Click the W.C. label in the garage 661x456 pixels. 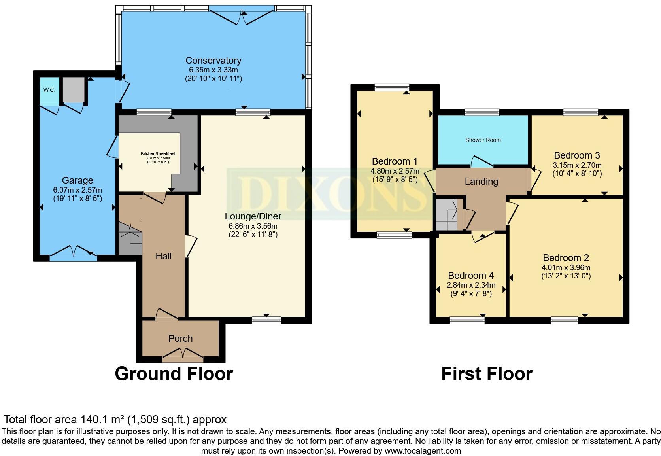49,90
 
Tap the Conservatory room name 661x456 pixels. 213,61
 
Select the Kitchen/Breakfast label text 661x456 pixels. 158,153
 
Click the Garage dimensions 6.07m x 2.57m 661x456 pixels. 77,190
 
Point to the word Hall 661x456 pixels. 163,256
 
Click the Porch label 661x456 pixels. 180,339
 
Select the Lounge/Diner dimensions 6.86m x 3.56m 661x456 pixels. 253,226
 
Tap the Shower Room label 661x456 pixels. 483,140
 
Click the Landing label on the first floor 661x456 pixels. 481,182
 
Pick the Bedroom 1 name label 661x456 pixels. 395,161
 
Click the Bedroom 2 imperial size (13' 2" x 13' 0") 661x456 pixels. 566,276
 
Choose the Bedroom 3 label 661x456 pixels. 577,155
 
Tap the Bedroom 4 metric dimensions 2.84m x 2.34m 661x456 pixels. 471,285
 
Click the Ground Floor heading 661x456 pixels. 174,373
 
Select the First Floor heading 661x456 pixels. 487,373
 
